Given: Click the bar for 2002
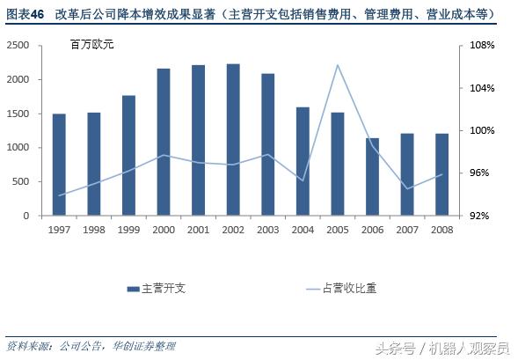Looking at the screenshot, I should click(233, 140).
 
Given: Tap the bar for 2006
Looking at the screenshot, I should click(372, 177).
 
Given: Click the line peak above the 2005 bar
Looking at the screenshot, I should click(338, 65).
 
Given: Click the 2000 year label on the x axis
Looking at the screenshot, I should click(164, 230).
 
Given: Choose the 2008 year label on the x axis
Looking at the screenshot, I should click(442, 230).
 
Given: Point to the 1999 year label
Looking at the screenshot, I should click(128, 230).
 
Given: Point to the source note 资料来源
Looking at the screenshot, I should click(26, 345).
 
